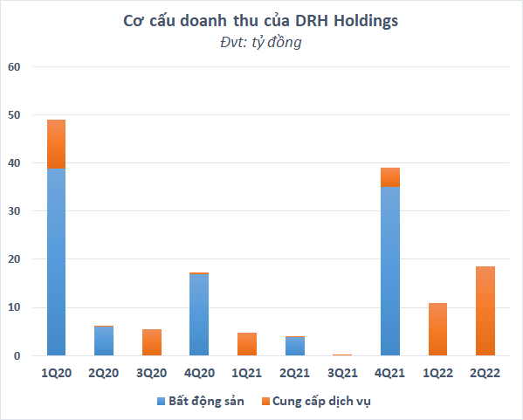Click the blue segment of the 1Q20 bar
point(56,262)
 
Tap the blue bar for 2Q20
point(104,341)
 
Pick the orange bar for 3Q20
point(152,342)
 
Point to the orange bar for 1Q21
point(247,344)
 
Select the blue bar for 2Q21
point(295,346)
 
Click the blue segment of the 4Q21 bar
point(391,271)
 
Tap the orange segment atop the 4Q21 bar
point(391,177)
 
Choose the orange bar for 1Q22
point(438,329)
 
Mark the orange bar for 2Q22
point(486,311)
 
